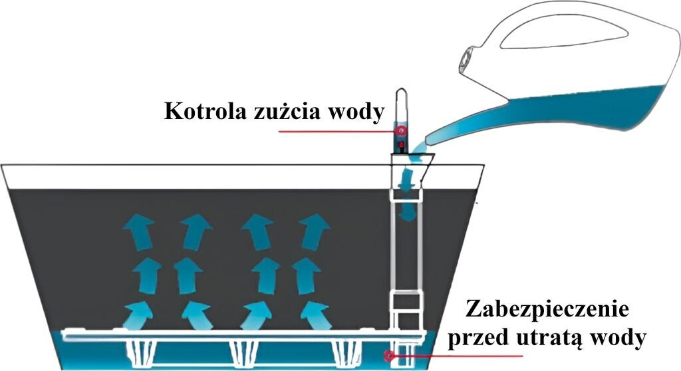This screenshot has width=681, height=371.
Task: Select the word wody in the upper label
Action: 356,111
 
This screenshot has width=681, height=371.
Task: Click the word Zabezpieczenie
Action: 547,309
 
